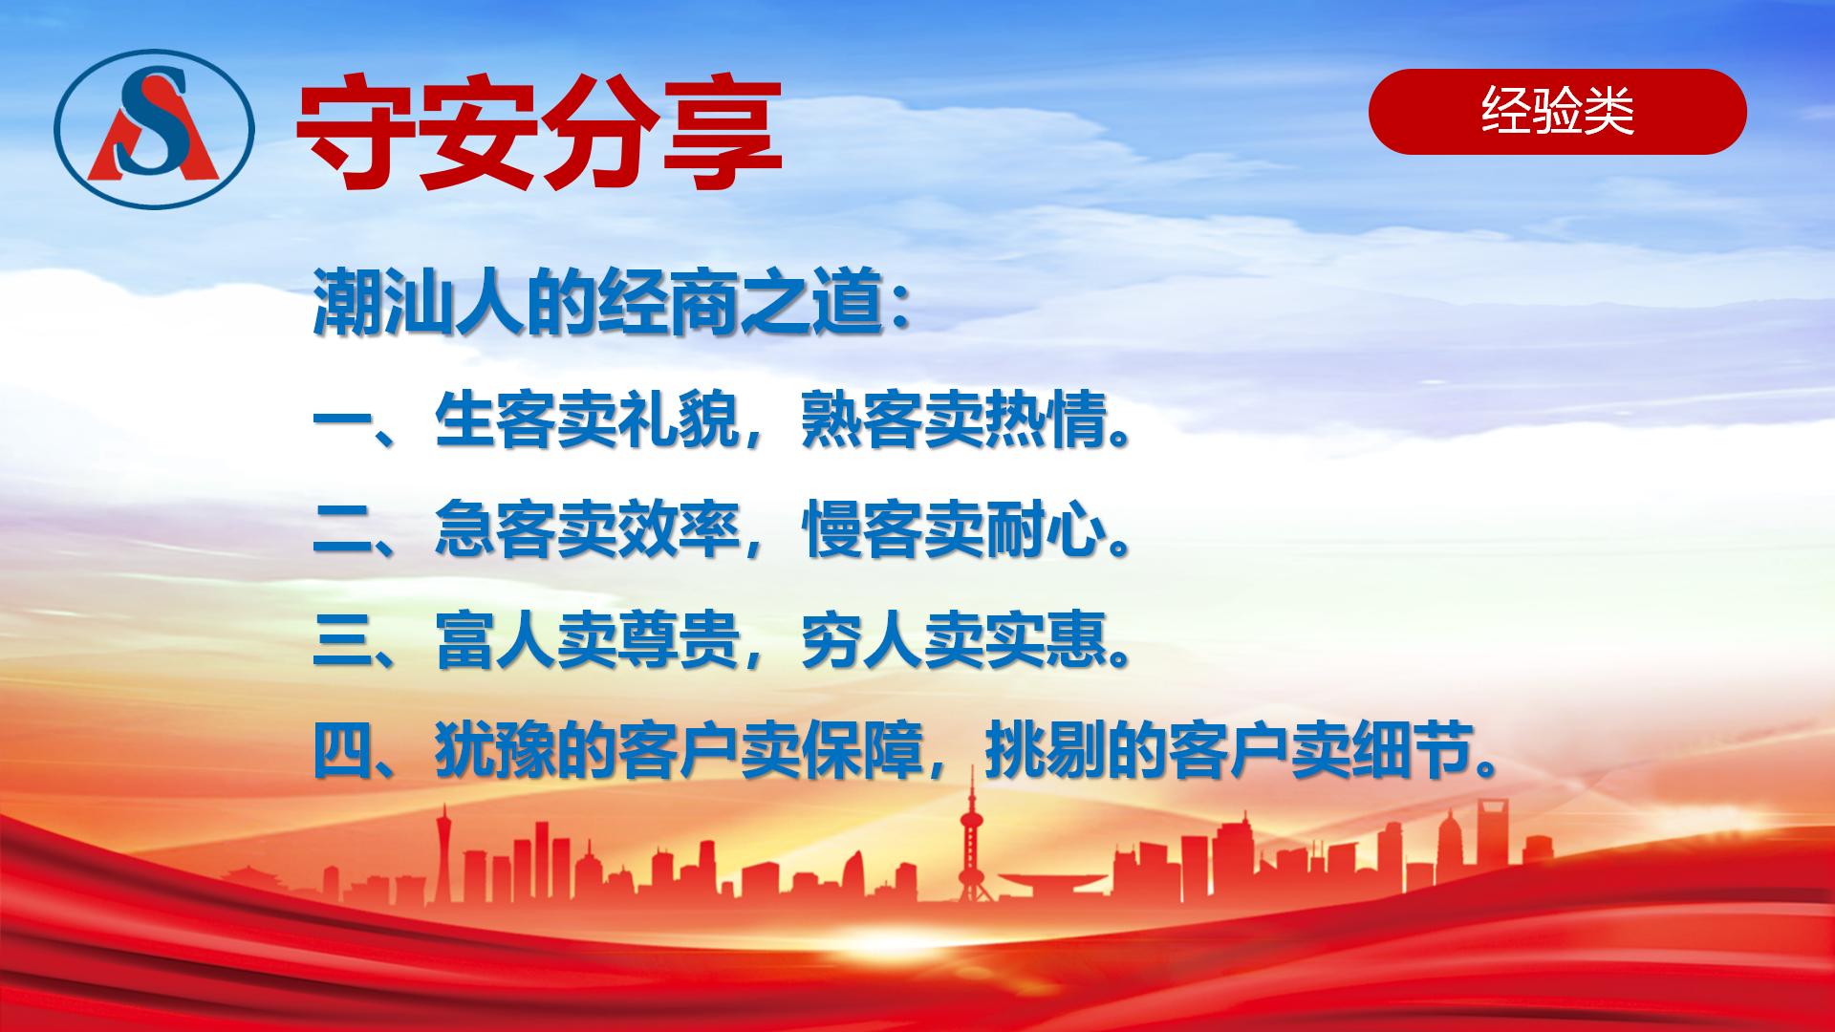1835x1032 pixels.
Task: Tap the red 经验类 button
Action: [1557, 112]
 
